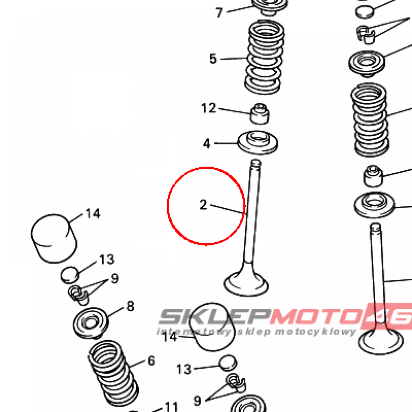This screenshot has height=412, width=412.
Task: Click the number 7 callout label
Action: [x=219, y=12]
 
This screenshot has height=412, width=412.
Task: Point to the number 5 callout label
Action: [x=213, y=59]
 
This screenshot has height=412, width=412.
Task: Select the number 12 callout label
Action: [x=209, y=108]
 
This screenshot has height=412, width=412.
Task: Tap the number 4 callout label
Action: [x=207, y=144]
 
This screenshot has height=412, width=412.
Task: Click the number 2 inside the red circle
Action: [x=203, y=205]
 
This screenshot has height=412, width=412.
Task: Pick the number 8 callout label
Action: [x=130, y=306]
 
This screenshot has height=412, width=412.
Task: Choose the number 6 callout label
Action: [x=151, y=361]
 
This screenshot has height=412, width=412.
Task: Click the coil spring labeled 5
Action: [x=264, y=57]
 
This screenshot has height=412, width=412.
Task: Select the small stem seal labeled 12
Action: [x=260, y=114]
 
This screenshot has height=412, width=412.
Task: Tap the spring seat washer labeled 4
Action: [x=258, y=142]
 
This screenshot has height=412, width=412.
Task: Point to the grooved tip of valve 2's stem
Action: [x=255, y=163]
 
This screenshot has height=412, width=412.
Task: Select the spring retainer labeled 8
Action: [x=91, y=323]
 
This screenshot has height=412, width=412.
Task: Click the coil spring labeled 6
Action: [x=113, y=373]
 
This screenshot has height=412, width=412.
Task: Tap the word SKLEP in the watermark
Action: [x=215, y=316]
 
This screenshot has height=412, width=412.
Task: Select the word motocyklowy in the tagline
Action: [x=315, y=332]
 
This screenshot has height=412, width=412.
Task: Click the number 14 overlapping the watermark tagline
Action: [x=170, y=337]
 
